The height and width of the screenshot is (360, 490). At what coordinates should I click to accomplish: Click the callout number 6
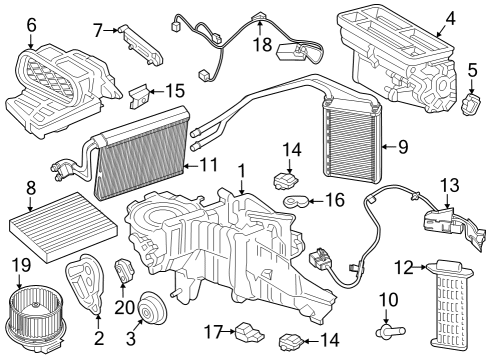click(31, 24)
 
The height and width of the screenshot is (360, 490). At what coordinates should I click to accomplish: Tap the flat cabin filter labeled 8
click(49, 233)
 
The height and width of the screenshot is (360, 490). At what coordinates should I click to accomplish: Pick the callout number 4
click(450, 17)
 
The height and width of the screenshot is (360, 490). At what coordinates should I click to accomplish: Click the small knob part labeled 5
click(470, 103)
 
